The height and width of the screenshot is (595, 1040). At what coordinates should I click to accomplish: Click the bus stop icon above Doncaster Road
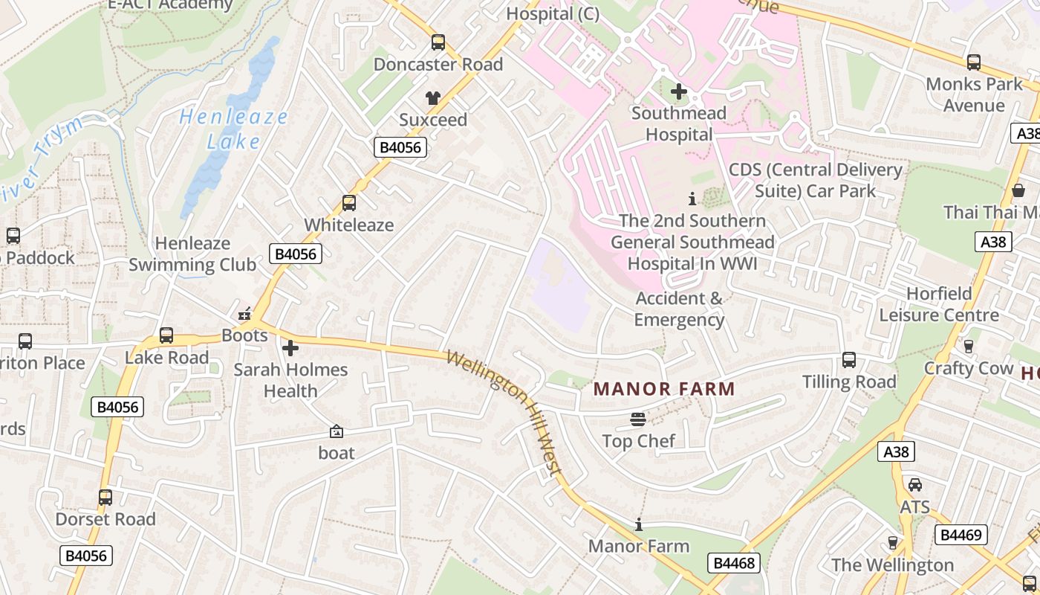pyautogui.click(x=438, y=42)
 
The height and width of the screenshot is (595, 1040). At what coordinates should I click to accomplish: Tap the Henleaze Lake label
pyautogui.click(x=233, y=129)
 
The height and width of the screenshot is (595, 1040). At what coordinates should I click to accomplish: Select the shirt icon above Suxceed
pyautogui.click(x=433, y=98)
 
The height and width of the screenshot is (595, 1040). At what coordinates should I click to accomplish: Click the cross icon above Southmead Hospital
pyautogui.click(x=678, y=92)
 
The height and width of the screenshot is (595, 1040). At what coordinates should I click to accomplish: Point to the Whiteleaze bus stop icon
pyautogui.click(x=348, y=203)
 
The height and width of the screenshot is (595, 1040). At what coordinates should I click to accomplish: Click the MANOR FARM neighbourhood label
pyautogui.click(x=664, y=388)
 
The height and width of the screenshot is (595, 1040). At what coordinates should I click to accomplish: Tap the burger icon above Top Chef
pyautogui.click(x=638, y=419)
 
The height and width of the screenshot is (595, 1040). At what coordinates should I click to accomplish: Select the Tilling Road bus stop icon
pyautogui.click(x=849, y=360)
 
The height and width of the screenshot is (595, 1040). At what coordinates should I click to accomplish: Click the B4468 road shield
pyautogui.click(x=734, y=563)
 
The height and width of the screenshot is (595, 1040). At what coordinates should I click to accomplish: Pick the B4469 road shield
pyautogui.click(x=961, y=534)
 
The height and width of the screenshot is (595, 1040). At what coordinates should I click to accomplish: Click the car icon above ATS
pyautogui.click(x=915, y=485)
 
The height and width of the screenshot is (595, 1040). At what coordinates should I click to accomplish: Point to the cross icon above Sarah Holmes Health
pyautogui.click(x=290, y=347)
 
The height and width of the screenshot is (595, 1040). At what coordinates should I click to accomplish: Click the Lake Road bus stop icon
pyautogui.click(x=166, y=335)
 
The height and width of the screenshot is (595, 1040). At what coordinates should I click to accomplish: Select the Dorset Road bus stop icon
pyautogui.click(x=105, y=497)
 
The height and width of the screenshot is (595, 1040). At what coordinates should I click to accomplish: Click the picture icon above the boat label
pyautogui.click(x=336, y=431)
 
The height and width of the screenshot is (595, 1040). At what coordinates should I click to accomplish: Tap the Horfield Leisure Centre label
pyautogui.click(x=939, y=304)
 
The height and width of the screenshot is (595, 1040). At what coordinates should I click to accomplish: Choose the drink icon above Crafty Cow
pyautogui.click(x=968, y=346)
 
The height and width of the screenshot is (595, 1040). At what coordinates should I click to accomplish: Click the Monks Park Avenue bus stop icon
pyautogui.click(x=973, y=62)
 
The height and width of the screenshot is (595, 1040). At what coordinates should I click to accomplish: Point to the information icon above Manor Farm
pyautogui.click(x=638, y=525)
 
